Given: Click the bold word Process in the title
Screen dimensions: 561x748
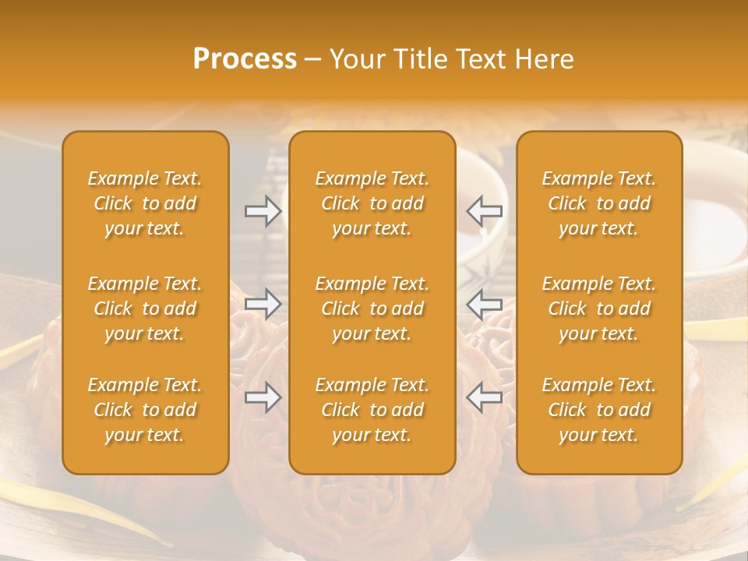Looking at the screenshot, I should pyautogui.click(x=245, y=59).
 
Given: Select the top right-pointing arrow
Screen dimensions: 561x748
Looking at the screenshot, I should pyautogui.click(x=263, y=211).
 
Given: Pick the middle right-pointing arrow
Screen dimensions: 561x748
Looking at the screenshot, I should pyautogui.click(x=263, y=304).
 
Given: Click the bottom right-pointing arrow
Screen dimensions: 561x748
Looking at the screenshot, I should pyautogui.click(x=263, y=397).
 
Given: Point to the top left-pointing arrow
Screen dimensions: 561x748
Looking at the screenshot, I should pyautogui.click(x=485, y=211).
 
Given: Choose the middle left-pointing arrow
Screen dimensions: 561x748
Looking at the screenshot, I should pyautogui.click(x=485, y=304).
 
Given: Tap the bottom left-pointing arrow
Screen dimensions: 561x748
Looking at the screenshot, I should pyautogui.click(x=485, y=397).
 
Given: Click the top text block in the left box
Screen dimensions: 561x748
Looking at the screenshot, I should pyautogui.click(x=145, y=203).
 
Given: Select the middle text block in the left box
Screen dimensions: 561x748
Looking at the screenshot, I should pyautogui.click(x=145, y=309).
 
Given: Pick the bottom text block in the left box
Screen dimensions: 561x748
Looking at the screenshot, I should pyautogui.click(x=145, y=410).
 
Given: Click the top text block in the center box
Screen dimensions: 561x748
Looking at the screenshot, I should pyautogui.click(x=372, y=203).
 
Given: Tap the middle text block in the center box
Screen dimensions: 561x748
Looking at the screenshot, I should pyautogui.click(x=372, y=309).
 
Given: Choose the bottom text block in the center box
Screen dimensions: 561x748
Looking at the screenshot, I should pyautogui.click(x=372, y=410).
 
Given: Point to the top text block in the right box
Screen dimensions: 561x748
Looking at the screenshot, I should pyautogui.click(x=599, y=203).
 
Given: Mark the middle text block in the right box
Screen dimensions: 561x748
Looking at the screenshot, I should pyautogui.click(x=599, y=309).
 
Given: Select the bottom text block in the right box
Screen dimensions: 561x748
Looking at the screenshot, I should pyautogui.click(x=599, y=410).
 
